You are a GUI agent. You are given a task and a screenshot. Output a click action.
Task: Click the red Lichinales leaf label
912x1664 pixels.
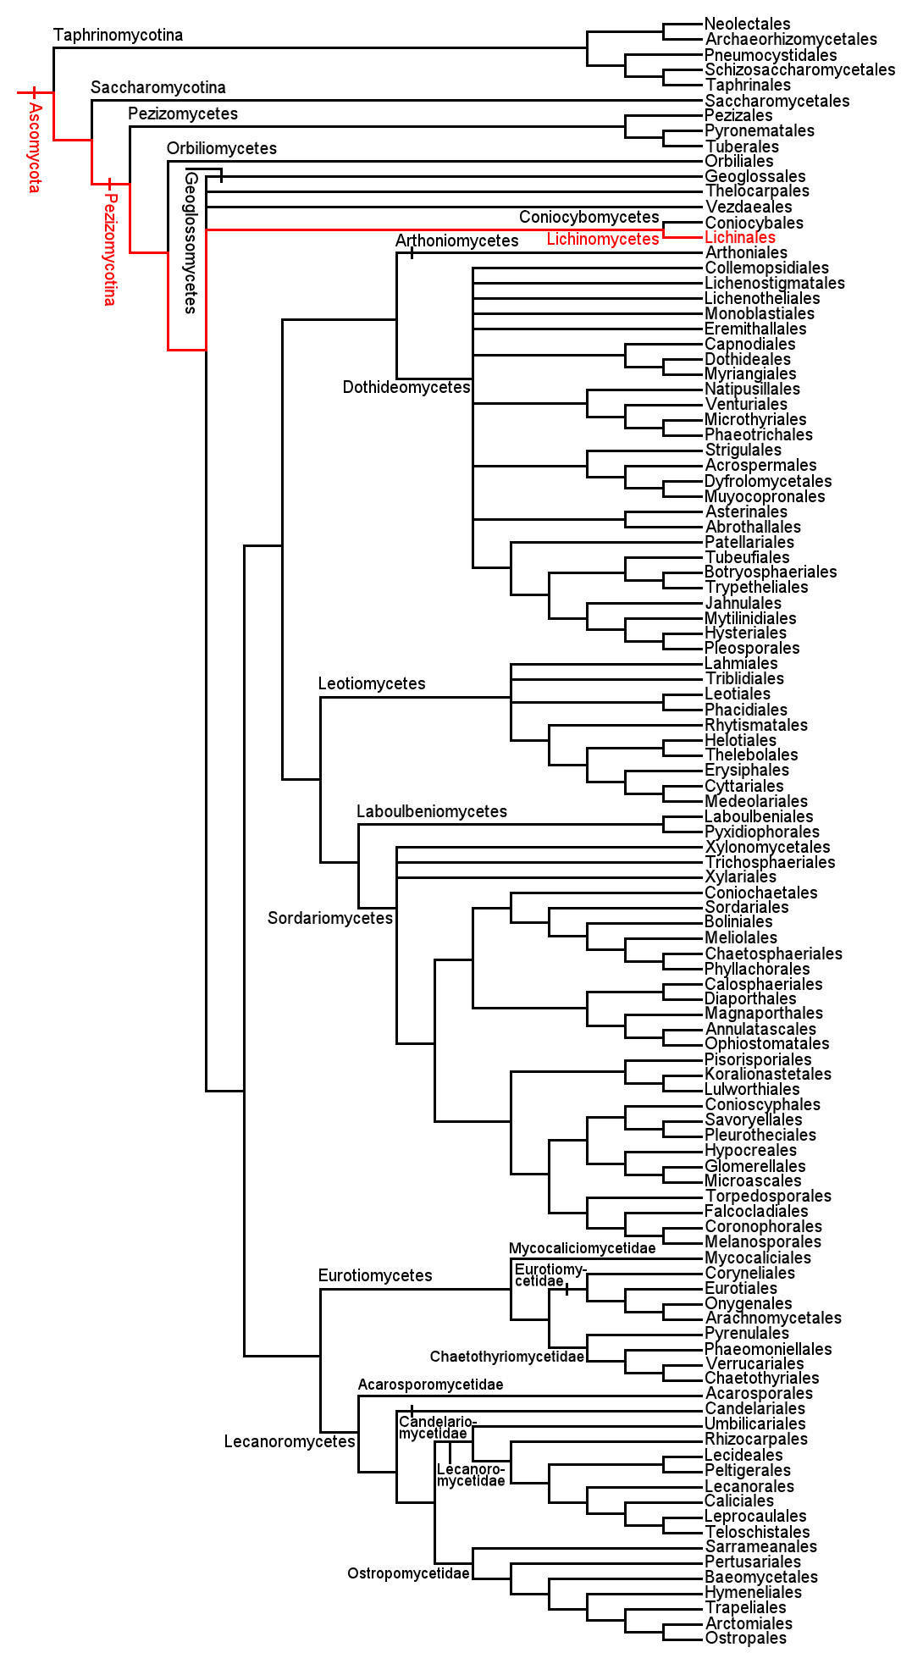click(x=740, y=238)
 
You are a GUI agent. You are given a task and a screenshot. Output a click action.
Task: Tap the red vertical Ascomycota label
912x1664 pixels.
click(x=34, y=148)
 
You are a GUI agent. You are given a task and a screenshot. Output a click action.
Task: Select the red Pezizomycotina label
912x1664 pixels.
click(x=109, y=249)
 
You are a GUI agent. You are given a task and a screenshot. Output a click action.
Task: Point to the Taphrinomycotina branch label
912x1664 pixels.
click(x=118, y=35)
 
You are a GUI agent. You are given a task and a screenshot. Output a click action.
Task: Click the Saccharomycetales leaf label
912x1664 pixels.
click(x=777, y=101)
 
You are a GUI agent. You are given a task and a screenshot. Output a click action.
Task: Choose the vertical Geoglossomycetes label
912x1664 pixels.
click(x=191, y=243)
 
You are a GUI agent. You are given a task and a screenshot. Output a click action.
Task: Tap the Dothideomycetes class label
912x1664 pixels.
click(x=406, y=387)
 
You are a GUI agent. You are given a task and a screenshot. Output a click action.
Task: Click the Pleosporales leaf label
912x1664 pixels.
click(x=751, y=648)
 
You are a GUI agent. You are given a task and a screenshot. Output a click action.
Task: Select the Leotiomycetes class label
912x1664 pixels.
click(x=372, y=683)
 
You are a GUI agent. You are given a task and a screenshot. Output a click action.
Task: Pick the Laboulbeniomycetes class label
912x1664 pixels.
click(x=431, y=811)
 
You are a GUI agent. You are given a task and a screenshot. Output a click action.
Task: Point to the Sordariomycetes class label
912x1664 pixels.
click(x=330, y=918)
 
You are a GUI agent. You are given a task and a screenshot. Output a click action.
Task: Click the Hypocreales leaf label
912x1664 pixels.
click(x=750, y=1150)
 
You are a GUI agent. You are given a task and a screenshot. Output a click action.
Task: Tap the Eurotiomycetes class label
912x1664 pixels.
click(x=375, y=1275)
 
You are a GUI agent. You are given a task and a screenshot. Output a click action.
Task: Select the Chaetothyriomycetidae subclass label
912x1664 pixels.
click(x=506, y=1357)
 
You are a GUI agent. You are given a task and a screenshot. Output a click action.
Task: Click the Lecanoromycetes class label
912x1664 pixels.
click(x=290, y=1441)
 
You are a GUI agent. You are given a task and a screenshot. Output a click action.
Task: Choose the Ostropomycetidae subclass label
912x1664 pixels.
click(x=408, y=1573)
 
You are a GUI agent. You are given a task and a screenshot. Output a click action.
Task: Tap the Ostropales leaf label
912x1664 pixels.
click(x=745, y=1638)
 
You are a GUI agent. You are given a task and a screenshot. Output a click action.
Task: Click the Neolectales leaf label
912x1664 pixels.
click(x=747, y=24)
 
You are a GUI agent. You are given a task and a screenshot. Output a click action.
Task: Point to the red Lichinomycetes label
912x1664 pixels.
click(x=602, y=240)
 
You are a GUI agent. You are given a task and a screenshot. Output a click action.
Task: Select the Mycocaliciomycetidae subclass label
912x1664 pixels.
click(x=582, y=1248)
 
